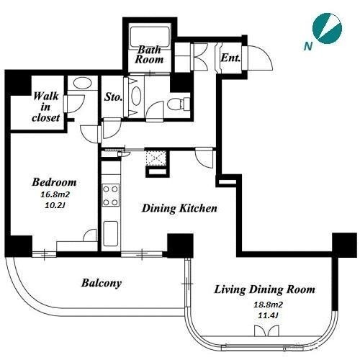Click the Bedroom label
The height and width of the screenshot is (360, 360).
[55, 182]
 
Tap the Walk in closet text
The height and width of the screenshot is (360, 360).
[45, 107]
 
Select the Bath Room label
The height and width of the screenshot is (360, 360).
[149, 55]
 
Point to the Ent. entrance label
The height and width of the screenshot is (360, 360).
[230, 58]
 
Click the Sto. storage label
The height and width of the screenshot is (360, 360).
[113, 96]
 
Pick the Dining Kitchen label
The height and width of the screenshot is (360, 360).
[179, 208]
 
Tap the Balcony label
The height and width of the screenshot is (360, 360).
[102, 283]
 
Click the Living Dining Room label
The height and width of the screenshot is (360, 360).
[264, 289]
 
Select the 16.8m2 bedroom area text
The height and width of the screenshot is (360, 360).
[55, 194]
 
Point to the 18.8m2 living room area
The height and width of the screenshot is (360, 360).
[268, 305]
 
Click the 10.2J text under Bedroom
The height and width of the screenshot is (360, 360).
[55, 205]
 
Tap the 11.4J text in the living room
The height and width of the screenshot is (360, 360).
[268, 315]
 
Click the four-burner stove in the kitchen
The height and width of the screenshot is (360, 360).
[111, 195]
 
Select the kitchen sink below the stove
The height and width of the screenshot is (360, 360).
[110, 233]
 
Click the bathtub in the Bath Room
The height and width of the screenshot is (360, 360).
[150, 37]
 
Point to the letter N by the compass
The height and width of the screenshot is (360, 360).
[307, 46]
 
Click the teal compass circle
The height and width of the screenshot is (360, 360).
[327, 28]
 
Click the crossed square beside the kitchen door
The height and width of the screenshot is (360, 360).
[156, 158]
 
